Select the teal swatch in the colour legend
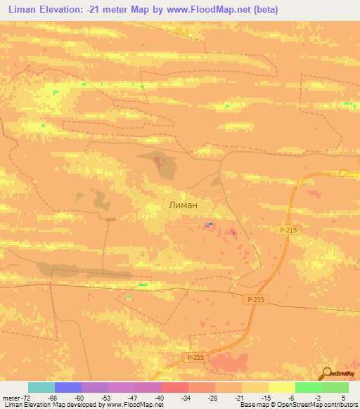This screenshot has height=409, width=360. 41,387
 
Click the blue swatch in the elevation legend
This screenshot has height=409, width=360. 68,387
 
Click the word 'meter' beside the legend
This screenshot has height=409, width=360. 11,398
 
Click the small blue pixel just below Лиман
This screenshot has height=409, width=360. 208,225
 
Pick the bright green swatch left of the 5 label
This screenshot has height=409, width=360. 308,387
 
